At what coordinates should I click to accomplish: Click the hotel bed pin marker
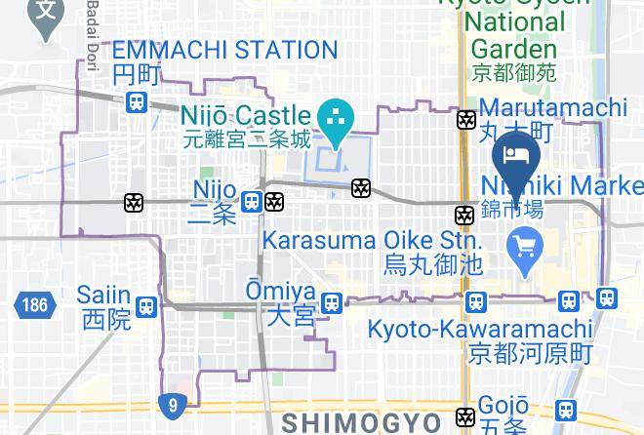[516, 155]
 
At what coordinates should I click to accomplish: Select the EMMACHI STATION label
[224, 50]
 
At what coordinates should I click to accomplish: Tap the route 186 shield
[32, 305]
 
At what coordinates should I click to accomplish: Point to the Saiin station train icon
[146, 306]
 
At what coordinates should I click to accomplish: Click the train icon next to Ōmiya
[332, 303]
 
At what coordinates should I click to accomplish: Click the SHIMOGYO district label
[362, 421]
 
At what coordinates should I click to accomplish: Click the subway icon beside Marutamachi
[466, 119]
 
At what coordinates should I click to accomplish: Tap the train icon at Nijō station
[252, 202]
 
